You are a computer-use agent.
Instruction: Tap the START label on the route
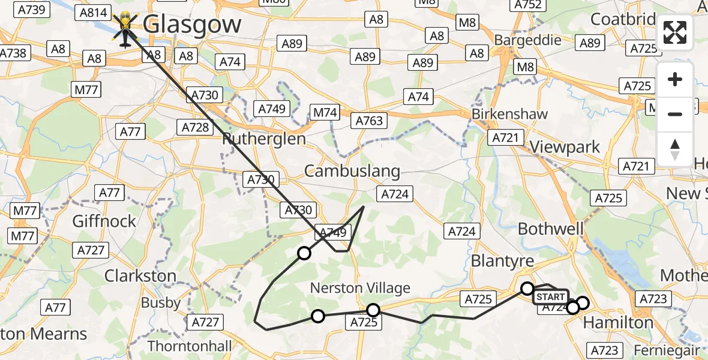click(550, 296)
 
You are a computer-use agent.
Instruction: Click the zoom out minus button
click(675, 114)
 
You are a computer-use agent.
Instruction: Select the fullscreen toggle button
click(675, 32)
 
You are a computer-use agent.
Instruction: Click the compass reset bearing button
click(675, 149)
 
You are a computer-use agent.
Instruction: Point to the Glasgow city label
click(192, 25)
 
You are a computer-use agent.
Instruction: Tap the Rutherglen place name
click(264, 139)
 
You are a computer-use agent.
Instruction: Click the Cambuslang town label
click(352, 171)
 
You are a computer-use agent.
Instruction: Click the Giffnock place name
click(104, 221)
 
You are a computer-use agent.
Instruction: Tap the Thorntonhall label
click(190, 346)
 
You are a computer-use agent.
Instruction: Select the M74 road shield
click(325, 112)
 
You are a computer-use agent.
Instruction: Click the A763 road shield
click(369, 121)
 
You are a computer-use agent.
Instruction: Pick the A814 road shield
click(93, 13)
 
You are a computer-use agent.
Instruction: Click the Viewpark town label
click(565, 147)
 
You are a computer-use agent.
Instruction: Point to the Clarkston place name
click(140, 276)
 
